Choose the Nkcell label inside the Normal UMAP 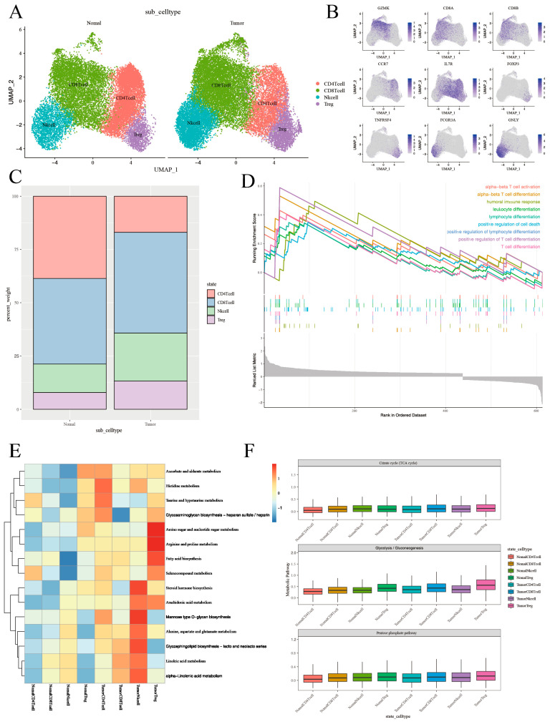[49, 123]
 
